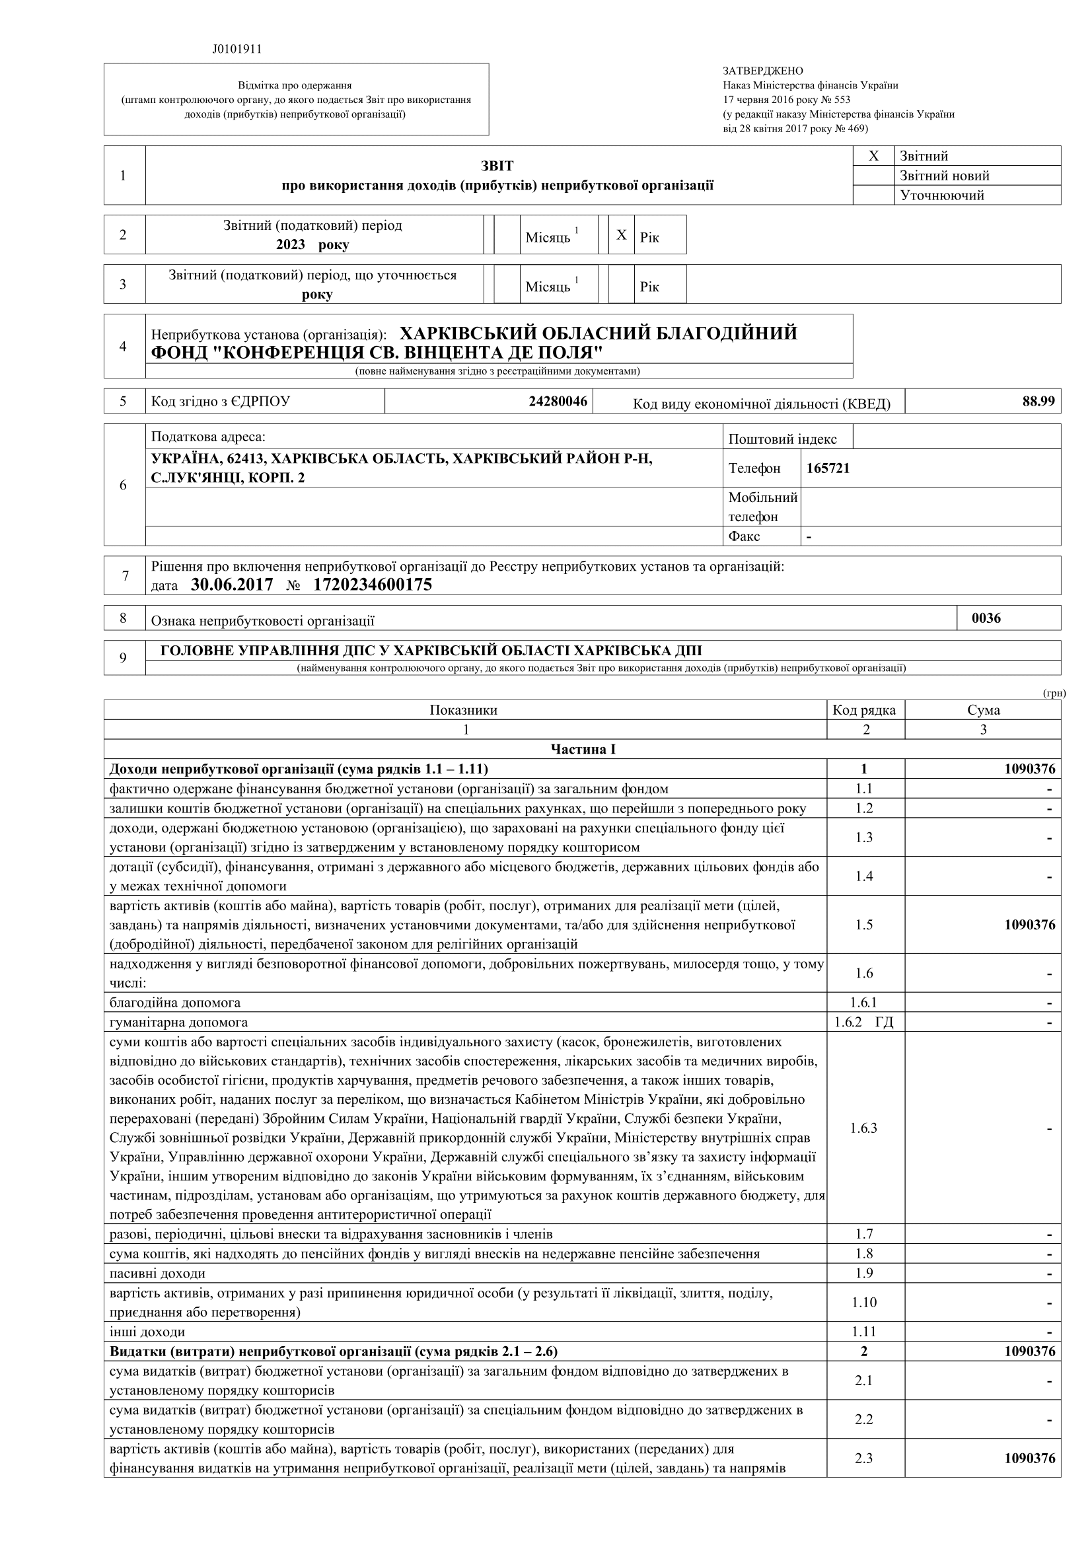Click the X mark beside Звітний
[873, 156]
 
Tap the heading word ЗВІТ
[497, 166]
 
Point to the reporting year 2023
[291, 244]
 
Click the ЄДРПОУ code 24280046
[558, 402]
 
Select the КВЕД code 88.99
[1038, 401]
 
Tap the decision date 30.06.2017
[231, 584]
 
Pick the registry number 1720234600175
[372, 584]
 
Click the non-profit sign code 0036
[986, 618]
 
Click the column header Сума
[983, 710]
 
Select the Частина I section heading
[583, 749]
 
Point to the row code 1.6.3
[864, 1128]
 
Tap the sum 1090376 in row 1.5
[1029, 925]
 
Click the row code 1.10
[864, 1303]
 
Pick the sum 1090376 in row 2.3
[1029, 1458]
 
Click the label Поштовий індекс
[782, 439]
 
